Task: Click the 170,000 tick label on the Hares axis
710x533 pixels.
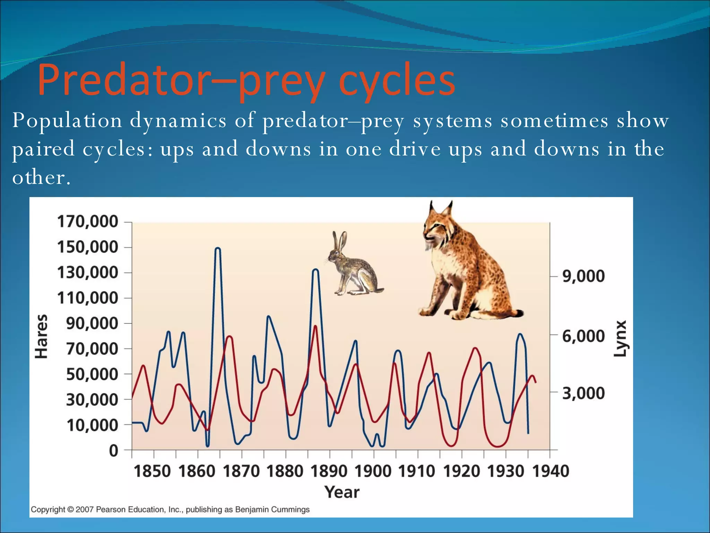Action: pyautogui.click(x=87, y=222)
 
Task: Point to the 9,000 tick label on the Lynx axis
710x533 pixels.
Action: pyautogui.click(x=583, y=276)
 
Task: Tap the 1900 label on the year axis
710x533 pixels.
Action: pyautogui.click(x=373, y=472)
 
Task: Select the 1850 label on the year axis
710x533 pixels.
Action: pyautogui.click(x=152, y=472)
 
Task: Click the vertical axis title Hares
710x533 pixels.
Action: pyautogui.click(x=42, y=336)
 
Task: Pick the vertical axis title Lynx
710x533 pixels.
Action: pyautogui.click(x=620, y=338)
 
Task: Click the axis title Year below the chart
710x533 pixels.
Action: pyautogui.click(x=342, y=492)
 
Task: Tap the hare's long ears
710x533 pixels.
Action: pyautogui.click(x=339, y=241)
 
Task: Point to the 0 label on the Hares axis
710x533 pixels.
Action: pyautogui.click(x=114, y=451)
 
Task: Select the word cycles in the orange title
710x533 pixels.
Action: pyautogui.click(x=397, y=81)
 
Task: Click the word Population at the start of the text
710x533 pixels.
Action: pyautogui.click(x=67, y=121)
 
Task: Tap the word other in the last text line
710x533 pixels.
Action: pyautogui.click(x=38, y=177)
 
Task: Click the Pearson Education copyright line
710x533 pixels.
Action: pyautogui.click(x=170, y=509)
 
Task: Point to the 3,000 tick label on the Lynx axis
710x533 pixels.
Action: pyautogui.click(x=583, y=394)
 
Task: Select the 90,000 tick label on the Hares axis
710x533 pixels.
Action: pyautogui.click(x=92, y=323)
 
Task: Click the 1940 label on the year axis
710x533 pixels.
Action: pyautogui.click(x=551, y=472)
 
